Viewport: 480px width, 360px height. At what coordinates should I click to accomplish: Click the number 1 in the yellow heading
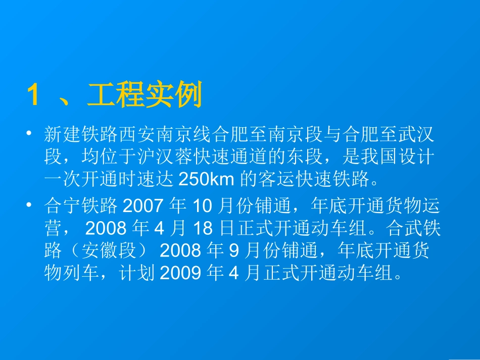click(x=33, y=95)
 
